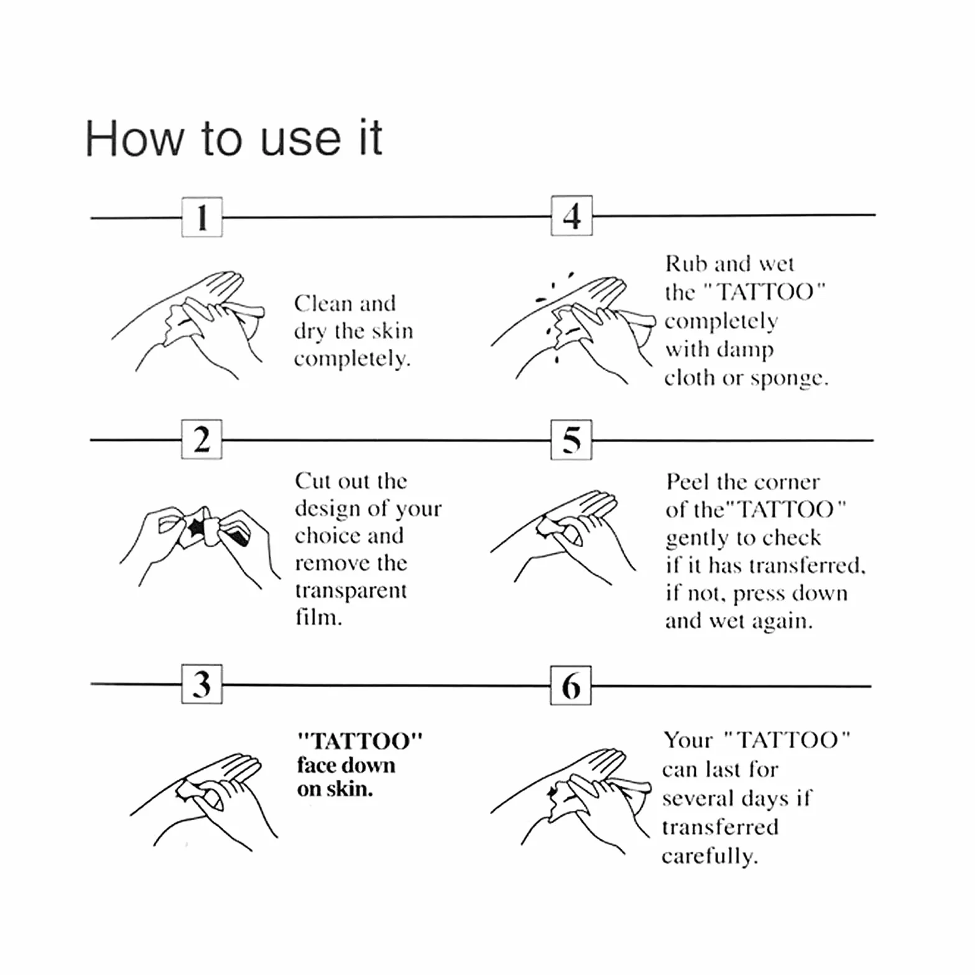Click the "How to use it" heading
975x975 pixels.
point(234,138)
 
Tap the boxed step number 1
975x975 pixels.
point(201,217)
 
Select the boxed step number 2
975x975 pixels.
point(201,439)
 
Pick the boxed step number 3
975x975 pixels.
point(201,684)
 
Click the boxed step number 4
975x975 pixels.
point(571,216)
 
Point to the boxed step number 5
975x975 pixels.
point(571,440)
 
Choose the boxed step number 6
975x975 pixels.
point(571,685)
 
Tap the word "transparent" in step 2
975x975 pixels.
point(351,591)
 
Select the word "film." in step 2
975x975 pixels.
point(318,617)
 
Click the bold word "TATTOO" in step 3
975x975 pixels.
point(360,741)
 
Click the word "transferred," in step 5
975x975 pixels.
point(807,565)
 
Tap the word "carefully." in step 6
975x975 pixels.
point(709,857)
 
